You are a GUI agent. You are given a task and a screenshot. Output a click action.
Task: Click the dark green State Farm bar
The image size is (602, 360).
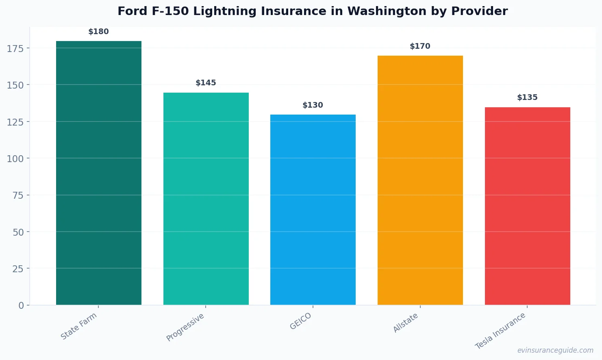[99, 173]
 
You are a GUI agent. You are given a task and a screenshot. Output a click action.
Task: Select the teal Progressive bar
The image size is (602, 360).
[206, 199]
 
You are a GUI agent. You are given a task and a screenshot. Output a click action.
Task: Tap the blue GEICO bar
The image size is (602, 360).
[313, 210]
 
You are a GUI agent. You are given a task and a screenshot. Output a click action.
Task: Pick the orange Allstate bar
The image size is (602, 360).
[420, 180]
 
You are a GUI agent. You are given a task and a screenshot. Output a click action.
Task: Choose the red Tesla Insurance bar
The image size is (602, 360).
[527, 206]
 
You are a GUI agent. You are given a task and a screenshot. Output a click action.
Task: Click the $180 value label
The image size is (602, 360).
[99, 32]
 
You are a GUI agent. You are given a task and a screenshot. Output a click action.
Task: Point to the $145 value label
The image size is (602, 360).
[206, 83]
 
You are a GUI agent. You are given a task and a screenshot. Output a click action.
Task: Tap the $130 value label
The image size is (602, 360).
[313, 105]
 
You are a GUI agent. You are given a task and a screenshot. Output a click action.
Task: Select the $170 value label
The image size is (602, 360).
[420, 46]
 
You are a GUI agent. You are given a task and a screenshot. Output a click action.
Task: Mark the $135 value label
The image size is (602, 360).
[527, 98]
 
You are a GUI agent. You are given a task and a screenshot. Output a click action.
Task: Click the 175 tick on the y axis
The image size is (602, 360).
[15, 49]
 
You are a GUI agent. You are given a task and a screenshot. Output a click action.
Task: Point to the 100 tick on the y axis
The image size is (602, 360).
[15, 159]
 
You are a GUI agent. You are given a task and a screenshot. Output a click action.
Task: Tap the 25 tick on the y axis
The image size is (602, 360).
[18, 269]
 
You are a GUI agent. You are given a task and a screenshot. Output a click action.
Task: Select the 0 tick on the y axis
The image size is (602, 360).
[21, 306]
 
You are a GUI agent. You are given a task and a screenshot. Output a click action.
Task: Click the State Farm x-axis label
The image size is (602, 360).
[79, 326]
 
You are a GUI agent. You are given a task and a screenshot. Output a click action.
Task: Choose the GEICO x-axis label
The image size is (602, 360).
[301, 321]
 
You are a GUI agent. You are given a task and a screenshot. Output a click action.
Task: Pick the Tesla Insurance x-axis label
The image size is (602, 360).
[500, 331]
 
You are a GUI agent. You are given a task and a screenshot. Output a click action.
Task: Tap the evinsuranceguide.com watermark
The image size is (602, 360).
[555, 350]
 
